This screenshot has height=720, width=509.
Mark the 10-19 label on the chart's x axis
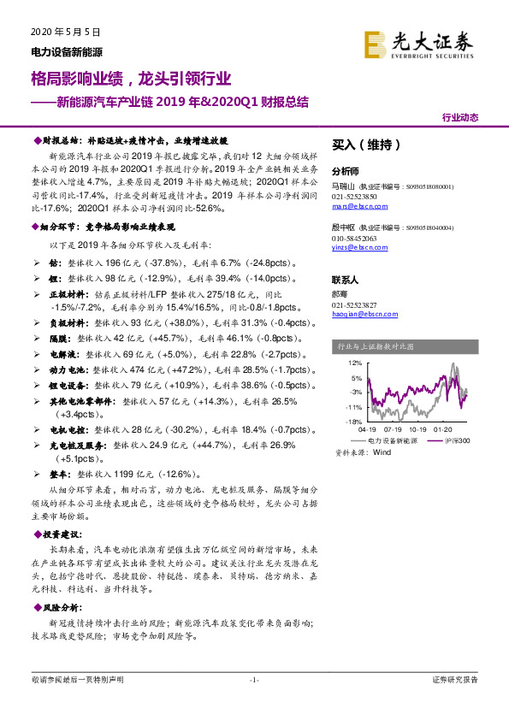pos(419,430)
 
